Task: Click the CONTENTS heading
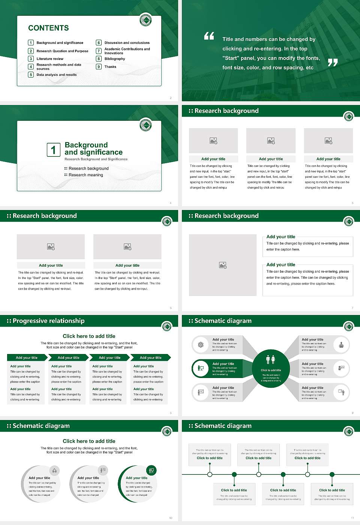(x=48, y=28)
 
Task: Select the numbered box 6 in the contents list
(x=99, y=43)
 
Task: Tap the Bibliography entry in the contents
(x=115, y=59)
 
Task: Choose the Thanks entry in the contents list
(x=110, y=67)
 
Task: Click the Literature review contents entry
(x=50, y=59)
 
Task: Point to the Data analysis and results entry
(x=57, y=75)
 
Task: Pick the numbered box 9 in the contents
(x=99, y=67)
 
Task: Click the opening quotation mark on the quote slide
(x=209, y=36)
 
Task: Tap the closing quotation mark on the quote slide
(x=332, y=63)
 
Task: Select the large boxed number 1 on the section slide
(x=53, y=150)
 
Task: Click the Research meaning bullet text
(x=86, y=175)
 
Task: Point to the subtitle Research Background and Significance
(x=96, y=159)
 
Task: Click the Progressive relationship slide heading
(x=48, y=321)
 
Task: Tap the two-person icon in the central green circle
(x=271, y=360)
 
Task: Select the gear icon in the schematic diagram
(x=201, y=345)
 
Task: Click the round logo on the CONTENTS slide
(x=145, y=20)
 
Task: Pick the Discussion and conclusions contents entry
(x=127, y=43)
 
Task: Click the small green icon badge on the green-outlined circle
(x=151, y=470)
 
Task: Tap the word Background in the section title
(x=86, y=145)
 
